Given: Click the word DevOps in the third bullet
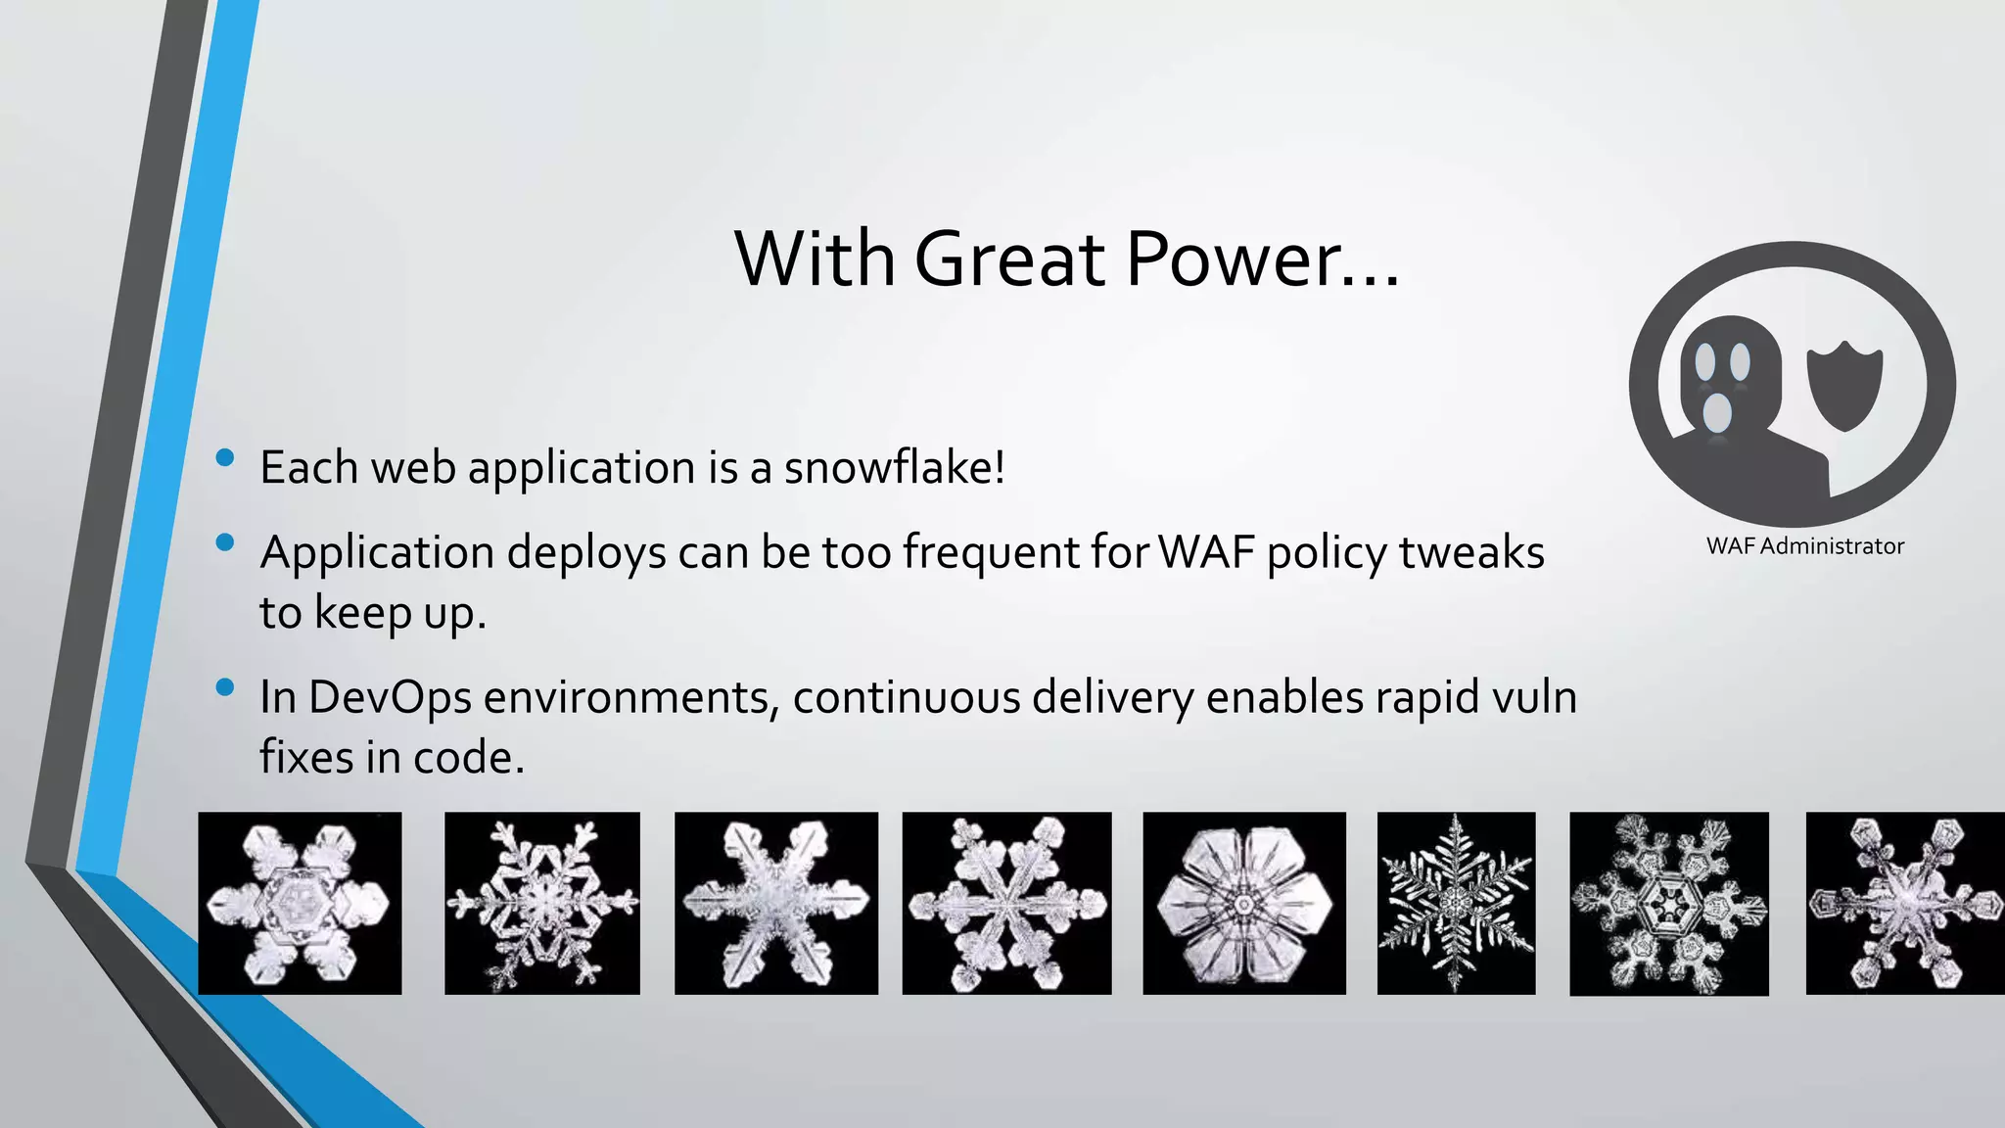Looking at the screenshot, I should click(x=390, y=697).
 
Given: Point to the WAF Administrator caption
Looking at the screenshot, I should click(x=1804, y=546).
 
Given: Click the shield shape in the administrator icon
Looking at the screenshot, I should click(x=1843, y=385).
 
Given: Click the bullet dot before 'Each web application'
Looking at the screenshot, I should click(x=225, y=457).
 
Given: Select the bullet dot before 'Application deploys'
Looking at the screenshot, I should click(x=225, y=542).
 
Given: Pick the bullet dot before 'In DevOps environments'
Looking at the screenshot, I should click(x=225, y=687).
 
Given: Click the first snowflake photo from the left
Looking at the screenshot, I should click(x=300, y=903).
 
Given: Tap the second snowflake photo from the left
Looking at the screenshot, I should click(x=541, y=903).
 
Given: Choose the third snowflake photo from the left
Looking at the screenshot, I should click(x=775, y=903).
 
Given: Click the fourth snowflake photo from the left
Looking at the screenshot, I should click(x=1006, y=903).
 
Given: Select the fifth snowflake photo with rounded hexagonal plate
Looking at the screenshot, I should click(x=1243, y=903).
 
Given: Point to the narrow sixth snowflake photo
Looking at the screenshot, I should click(x=1456, y=903).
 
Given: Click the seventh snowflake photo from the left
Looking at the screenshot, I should click(x=1668, y=904).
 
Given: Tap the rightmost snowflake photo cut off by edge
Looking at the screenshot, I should click(x=1905, y=903).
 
